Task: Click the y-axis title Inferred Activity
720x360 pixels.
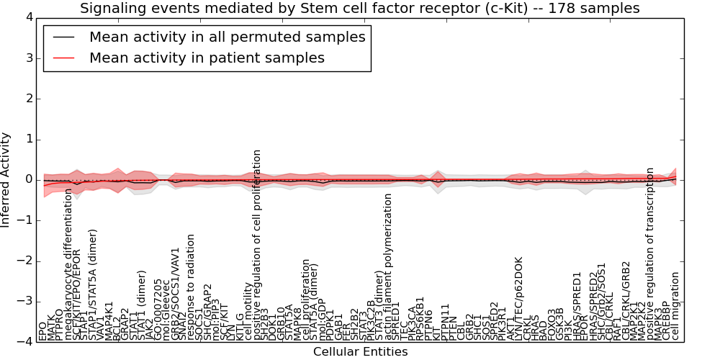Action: point(6,180)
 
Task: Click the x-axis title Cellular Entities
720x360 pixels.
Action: point(360,351)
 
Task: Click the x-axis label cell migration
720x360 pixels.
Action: point(675,306)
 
